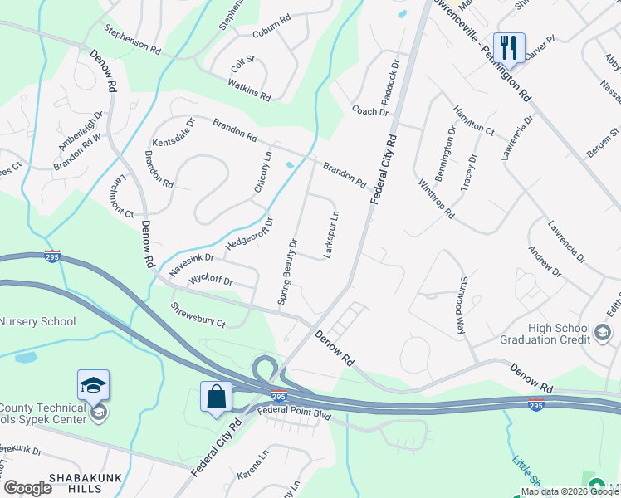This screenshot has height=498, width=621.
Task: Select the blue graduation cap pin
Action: [93, 383]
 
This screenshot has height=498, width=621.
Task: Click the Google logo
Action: [27, 488]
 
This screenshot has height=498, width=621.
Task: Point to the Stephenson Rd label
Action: [132, 39]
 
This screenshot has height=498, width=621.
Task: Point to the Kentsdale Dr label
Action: [173, 133]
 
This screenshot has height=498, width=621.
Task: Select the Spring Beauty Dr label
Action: [287, 272]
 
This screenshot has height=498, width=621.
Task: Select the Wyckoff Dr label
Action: [211, 280]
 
